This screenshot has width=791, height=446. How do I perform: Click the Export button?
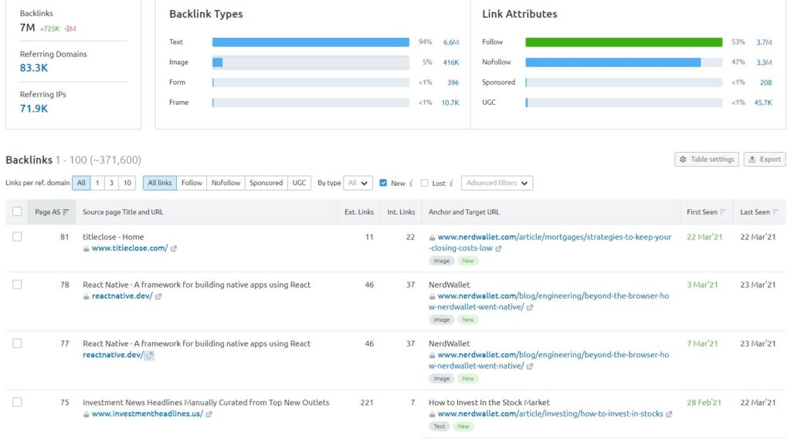coord(764,159)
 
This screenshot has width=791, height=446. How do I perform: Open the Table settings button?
coord(706,159)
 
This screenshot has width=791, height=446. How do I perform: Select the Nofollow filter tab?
coord(226,183)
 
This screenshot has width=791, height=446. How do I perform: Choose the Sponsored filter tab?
coord(266,183)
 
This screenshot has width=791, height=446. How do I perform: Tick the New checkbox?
coord(383,183)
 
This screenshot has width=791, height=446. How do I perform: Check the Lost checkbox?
coord(424,183)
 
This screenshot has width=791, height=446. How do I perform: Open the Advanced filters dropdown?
coord(497,183)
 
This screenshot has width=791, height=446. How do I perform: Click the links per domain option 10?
coord(127,183)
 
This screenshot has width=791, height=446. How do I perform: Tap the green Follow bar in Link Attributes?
coord(623,42)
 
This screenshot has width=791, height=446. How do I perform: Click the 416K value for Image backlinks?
coord(450,63)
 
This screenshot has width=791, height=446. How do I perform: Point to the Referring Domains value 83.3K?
coord(34,68)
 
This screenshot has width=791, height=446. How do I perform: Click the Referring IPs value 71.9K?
coord(34,109)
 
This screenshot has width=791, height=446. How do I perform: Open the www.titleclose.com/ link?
coord(129,248)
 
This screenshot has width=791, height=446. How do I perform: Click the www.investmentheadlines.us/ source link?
coord(147,414)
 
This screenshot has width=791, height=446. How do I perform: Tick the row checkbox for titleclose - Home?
coord(17,237)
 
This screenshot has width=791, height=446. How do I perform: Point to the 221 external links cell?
coord(367,403)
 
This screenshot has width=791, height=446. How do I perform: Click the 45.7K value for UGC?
coord(762,103)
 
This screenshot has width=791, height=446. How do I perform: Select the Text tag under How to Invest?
coord(440,426)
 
